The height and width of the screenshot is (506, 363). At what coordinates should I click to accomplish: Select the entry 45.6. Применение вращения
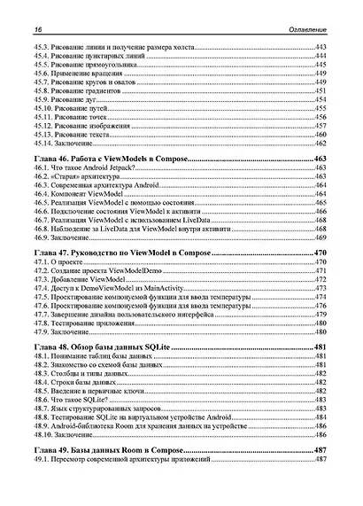click(x=79, y=74)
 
